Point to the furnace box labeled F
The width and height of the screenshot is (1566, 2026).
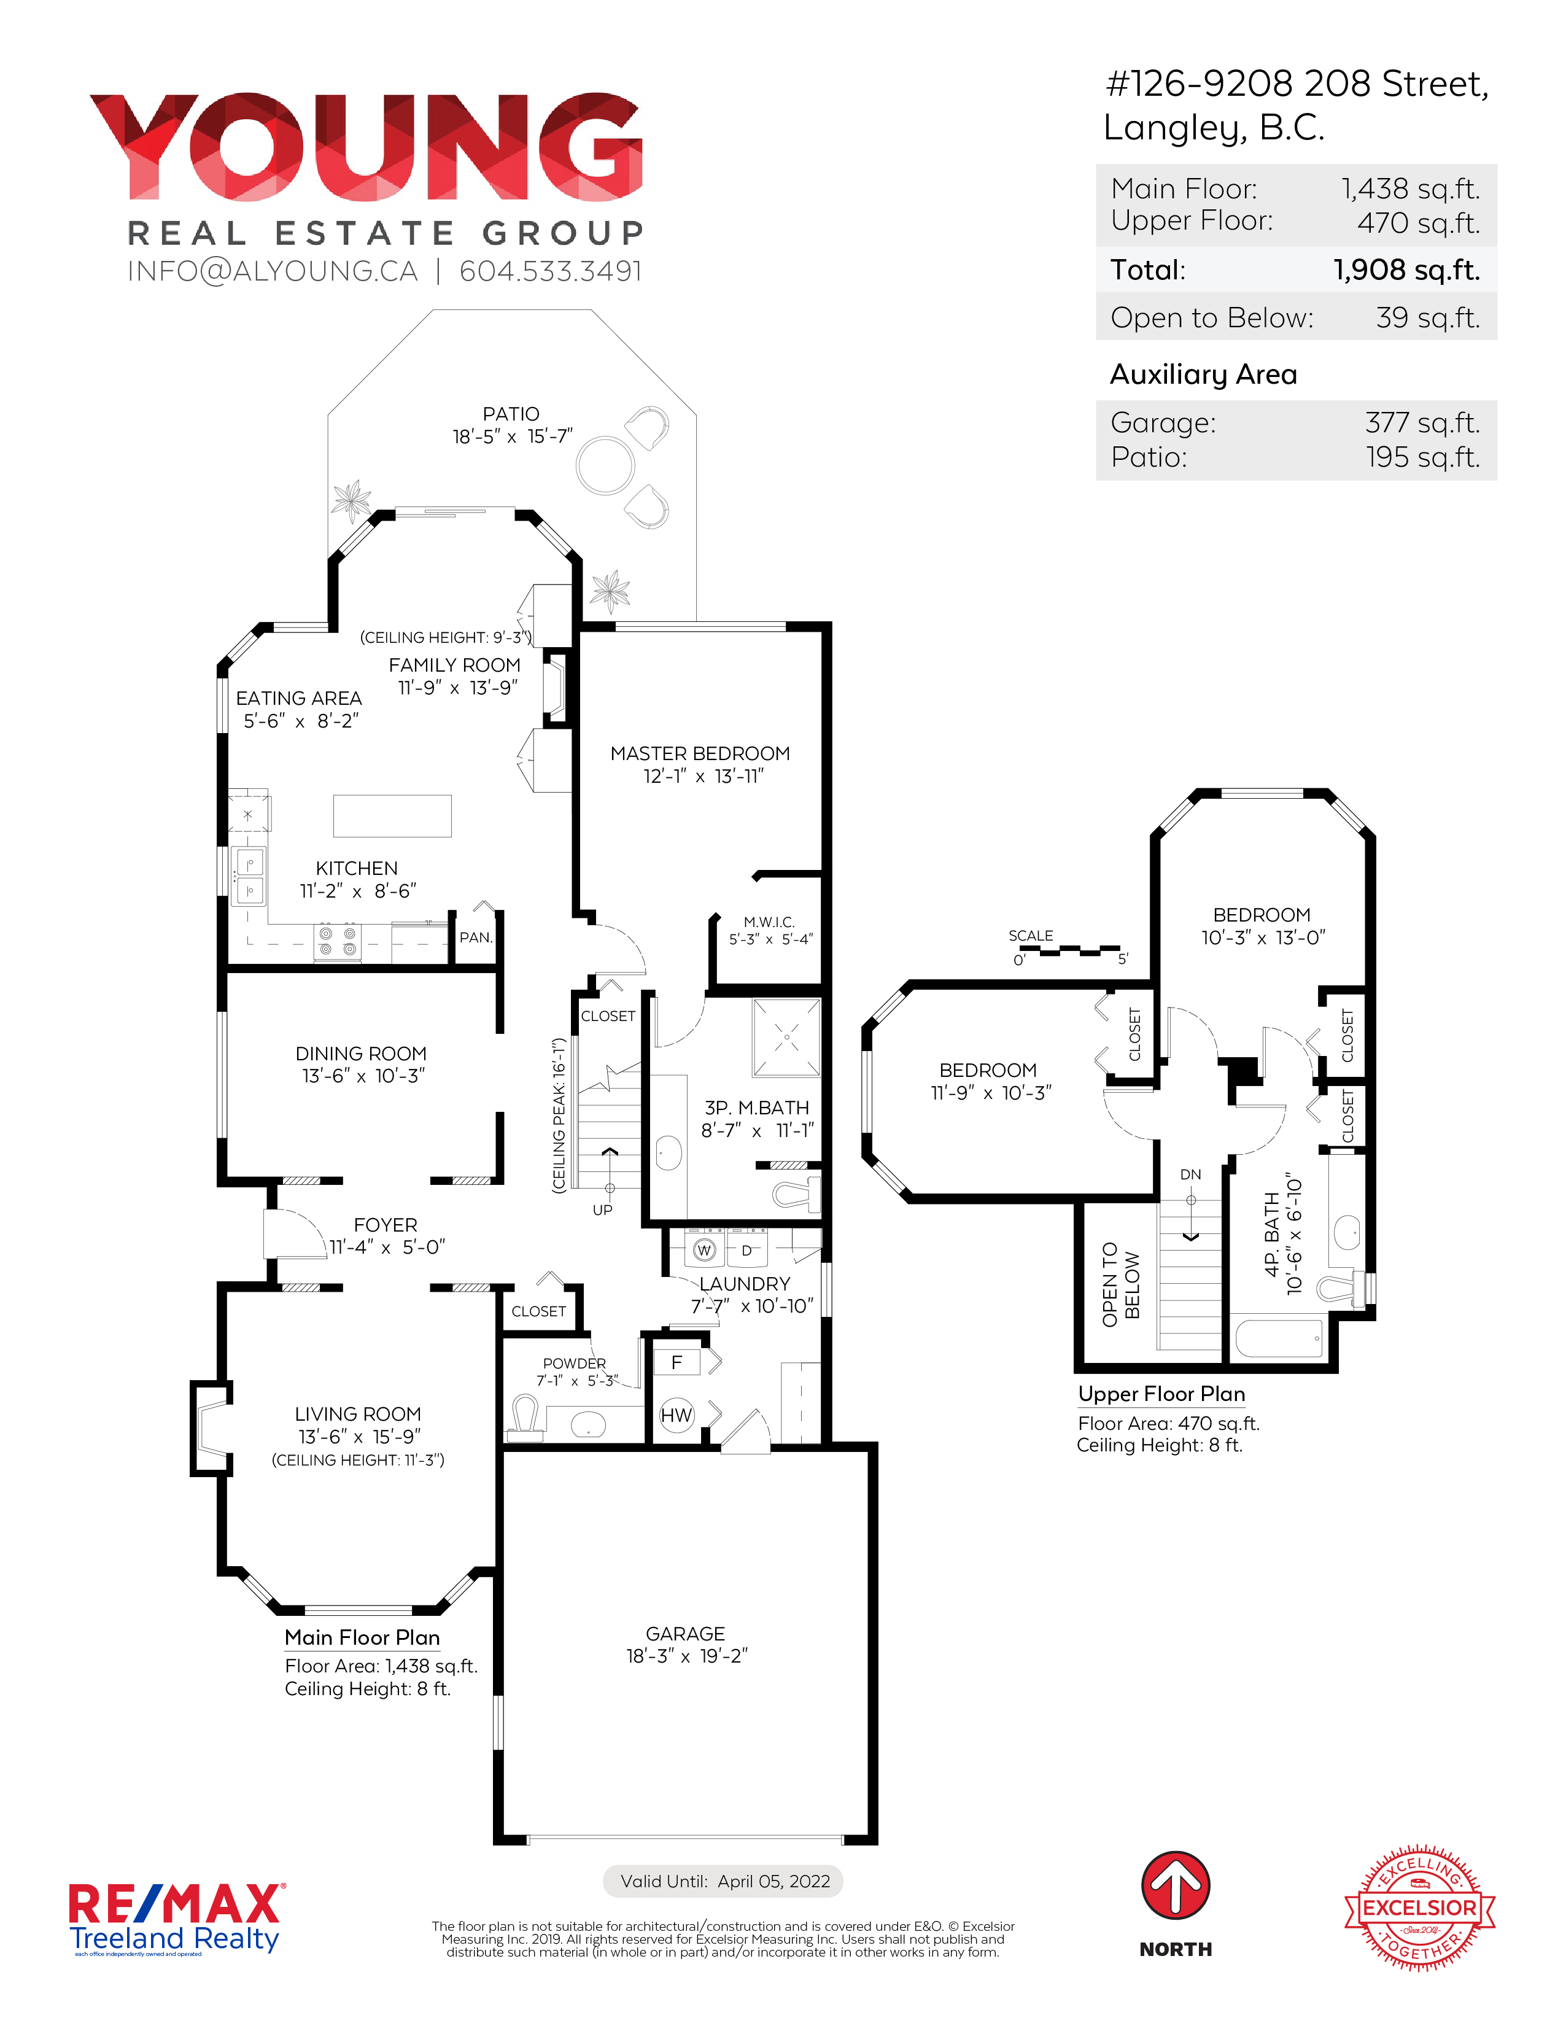coord(677,1362)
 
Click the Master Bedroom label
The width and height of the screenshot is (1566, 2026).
coord(700,753)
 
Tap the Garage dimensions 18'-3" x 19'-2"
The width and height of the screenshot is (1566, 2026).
coord(686,1656)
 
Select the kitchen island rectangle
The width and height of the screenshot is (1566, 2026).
coord(392,815)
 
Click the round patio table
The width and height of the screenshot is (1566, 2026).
coord(605,465)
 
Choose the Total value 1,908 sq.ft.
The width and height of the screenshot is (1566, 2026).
coord(1406,270)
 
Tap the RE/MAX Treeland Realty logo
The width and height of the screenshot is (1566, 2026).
coord(176,1919)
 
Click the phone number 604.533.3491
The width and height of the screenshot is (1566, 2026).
coord(551,271)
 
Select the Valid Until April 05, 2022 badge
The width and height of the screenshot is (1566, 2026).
coord(724,1881)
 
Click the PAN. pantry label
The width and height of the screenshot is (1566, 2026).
coord(476,938)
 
